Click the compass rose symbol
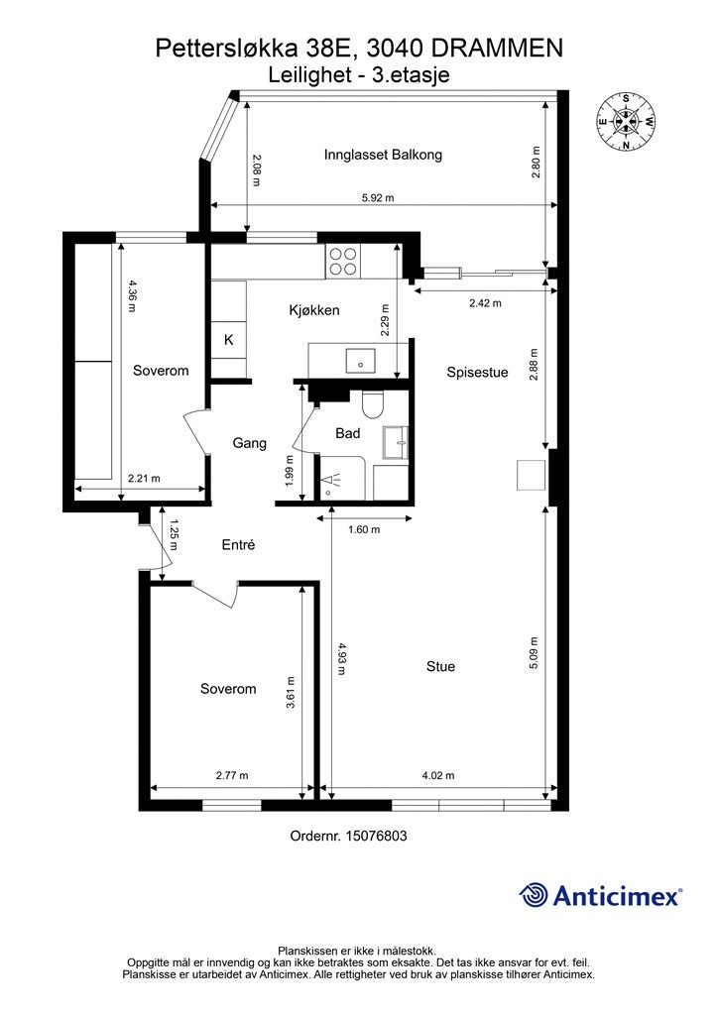[626, 122]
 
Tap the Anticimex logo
[600, 895]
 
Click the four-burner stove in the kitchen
[342, 262]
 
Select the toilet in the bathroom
[372, 404]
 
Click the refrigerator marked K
[229, 340]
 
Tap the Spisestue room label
[477, 373]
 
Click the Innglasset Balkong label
[383, 155]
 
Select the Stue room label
[440, 666]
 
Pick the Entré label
[238, 545]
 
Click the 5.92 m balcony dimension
[378, 198]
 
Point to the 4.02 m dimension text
[437, 775]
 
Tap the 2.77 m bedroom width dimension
[232, 775]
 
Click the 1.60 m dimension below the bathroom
[364, 529]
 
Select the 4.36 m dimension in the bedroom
[132, 295]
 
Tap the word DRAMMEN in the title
[497, 48]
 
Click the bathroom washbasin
[396, 443]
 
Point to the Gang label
[249, 443]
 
